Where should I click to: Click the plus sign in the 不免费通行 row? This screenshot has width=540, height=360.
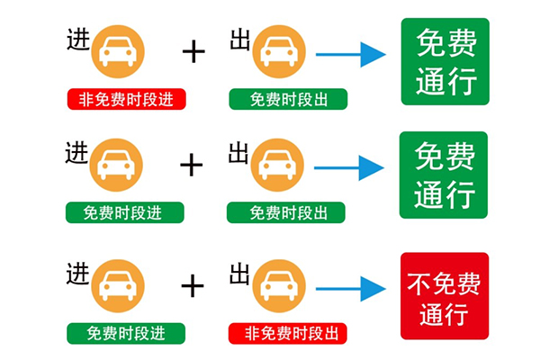(x=193, y=286)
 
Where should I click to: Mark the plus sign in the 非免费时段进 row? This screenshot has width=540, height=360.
(x=193, y=51)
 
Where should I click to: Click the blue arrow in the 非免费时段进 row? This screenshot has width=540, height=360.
(x=350, y=54)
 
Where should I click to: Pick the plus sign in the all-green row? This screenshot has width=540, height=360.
(x=192, y=165)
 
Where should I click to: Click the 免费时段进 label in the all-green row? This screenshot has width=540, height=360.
(x=124, y=212)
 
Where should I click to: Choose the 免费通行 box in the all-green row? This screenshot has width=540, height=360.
(x=445, y=173)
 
